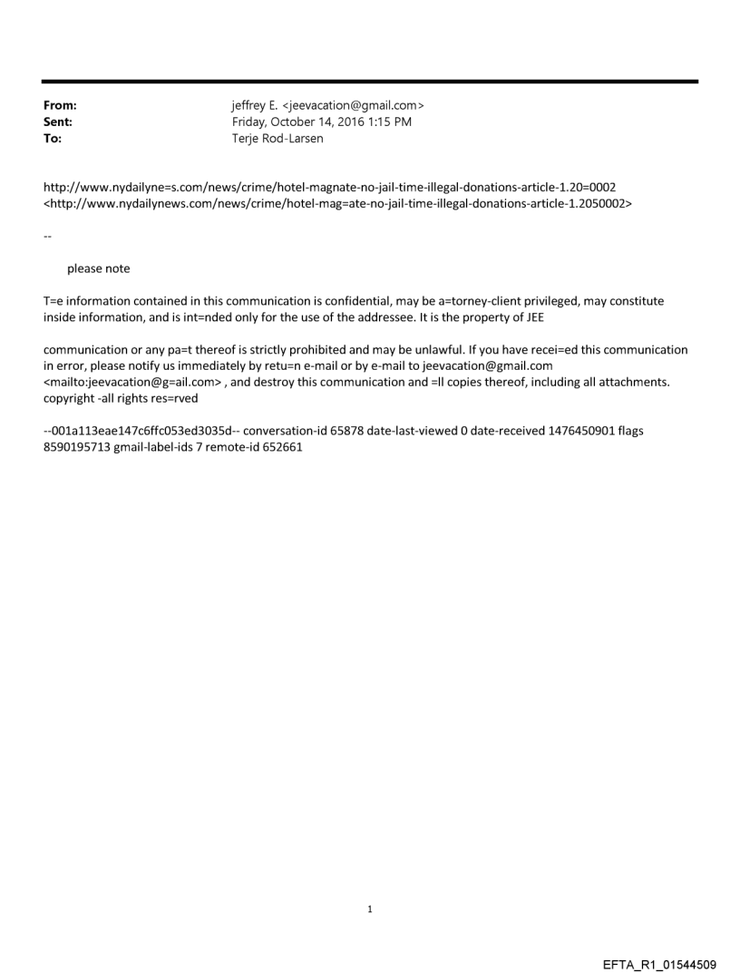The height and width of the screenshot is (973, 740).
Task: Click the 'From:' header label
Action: (60, 105)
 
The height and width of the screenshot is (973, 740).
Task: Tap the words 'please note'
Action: (98, 268)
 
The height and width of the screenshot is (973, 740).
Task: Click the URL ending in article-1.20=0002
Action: (330, 188)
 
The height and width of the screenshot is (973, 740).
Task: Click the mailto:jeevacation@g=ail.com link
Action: (133, 382)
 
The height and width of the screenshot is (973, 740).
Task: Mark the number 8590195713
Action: (77, 447)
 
